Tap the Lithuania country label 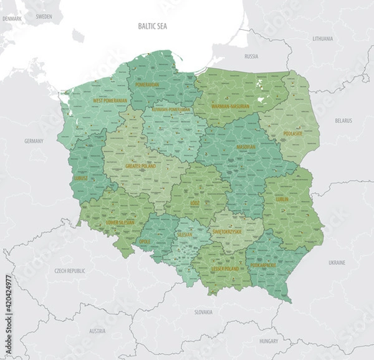click(323, 39)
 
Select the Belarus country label click(343, 120)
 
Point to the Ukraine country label click(337, 263)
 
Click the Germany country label click(34, 141)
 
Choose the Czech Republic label click(69, 271)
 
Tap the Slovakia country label click(203, 311)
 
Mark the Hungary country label click(269, 341)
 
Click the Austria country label click(97, 331)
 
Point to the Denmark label click(12, 19)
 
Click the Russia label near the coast click(251, 56)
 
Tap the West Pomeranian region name click(110, 100)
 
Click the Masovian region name click(246, 147)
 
